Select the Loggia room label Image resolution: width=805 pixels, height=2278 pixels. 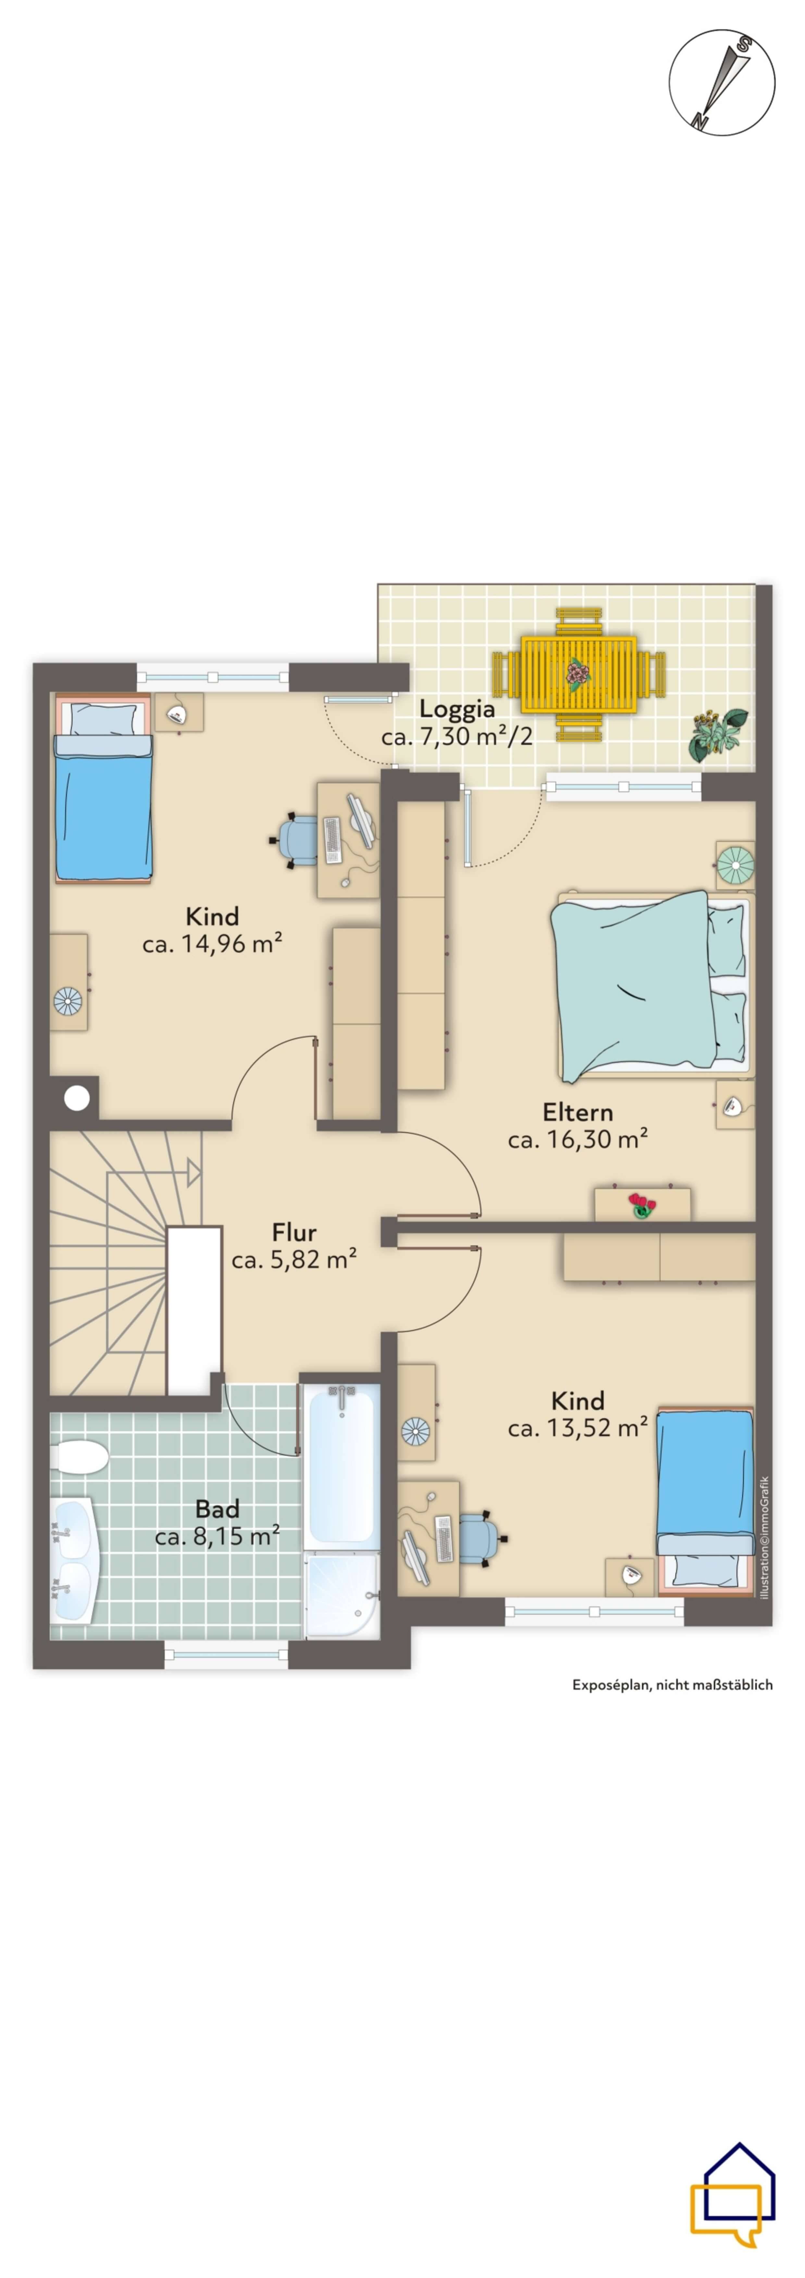[x=456, y=708]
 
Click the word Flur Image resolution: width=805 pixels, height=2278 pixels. [x=294, y=1232]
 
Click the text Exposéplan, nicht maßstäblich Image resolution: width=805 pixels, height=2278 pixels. [x=672, y=1685]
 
